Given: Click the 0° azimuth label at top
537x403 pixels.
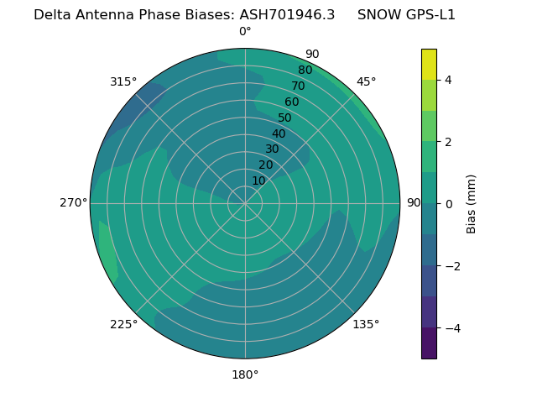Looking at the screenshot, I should point(245,32).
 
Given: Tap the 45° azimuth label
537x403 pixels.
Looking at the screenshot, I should point(366,81).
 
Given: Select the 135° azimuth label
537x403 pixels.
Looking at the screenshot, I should point(366,324).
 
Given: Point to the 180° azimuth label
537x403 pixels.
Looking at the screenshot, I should point(245,374).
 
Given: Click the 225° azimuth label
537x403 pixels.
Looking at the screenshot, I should point(123,324).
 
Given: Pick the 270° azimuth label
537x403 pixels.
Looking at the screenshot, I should point(73,203).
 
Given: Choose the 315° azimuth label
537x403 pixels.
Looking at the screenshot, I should point(123,81).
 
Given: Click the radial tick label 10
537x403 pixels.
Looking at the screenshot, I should point(258,181).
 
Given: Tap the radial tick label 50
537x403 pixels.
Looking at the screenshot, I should point(285,118).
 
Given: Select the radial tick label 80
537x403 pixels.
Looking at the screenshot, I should point(305,71).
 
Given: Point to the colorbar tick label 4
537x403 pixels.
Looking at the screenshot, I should point(449,80).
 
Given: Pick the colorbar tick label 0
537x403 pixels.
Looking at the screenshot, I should point(449,204).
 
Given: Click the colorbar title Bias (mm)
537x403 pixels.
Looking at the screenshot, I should point(472,204).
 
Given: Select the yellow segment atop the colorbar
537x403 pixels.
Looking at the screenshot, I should point(429,65).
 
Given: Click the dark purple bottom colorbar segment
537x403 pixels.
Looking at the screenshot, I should point(429,343).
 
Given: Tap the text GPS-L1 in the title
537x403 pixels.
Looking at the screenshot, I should point(429,15).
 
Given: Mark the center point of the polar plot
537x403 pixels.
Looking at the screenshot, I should point(245,203).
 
